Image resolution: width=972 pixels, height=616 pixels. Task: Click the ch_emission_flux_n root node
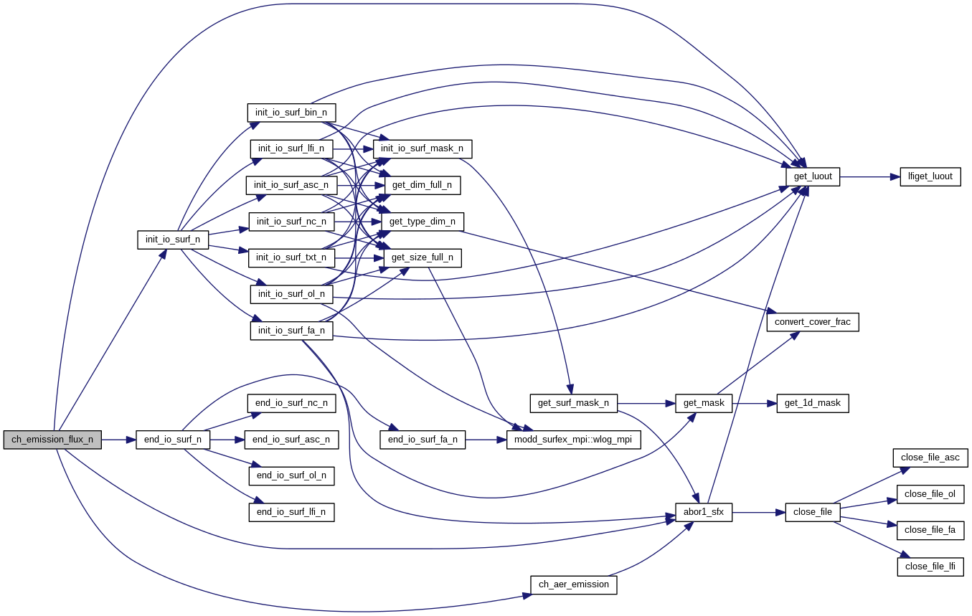(x=52, y=440)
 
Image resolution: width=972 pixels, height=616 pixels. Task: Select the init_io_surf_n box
(x=173, y=240)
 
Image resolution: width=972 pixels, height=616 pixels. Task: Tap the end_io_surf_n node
(x=173, y=440)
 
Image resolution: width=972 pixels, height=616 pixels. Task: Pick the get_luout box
(x=813, y=176)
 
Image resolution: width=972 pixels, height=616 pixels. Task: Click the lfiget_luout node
(x=930, y=176)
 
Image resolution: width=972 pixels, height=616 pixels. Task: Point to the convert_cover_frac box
(x=813, y=322)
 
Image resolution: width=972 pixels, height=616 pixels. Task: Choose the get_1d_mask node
(x=813, y=403)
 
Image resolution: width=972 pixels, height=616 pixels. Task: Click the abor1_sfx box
(x=703, y=512)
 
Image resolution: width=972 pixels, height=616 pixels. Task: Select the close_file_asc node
(x=930, y=458)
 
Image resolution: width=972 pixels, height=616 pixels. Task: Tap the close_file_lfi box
(x=930, y=567)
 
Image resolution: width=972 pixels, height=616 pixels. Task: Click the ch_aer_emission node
(x=573, y=584)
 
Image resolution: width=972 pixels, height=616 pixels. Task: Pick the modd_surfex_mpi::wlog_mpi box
(x=573, y=440)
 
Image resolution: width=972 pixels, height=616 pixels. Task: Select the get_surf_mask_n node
(x=573, y=403)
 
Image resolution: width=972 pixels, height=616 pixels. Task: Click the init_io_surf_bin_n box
(x=291, y=113)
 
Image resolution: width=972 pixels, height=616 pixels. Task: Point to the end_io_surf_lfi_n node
(x=291, y=512)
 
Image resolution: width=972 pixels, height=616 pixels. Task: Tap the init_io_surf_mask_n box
(x=422, y=149)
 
